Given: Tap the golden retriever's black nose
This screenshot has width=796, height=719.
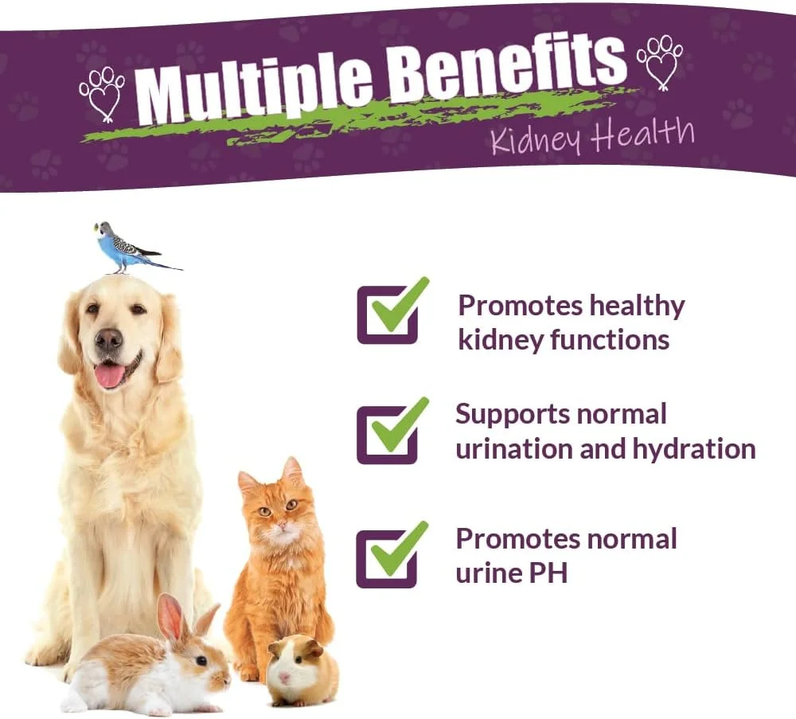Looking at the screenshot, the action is (x=108, y=338).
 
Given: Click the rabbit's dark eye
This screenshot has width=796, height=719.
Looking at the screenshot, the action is (x=201, y=661).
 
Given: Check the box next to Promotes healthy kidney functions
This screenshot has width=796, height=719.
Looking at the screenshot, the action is (x=388, y=315).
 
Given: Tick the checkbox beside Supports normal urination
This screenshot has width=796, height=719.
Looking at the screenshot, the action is (x=388, y=436).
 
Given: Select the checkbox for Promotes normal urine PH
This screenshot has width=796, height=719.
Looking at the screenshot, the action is (x=387, y=559).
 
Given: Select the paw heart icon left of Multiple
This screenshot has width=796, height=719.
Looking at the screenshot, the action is (x=102, y=95).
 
